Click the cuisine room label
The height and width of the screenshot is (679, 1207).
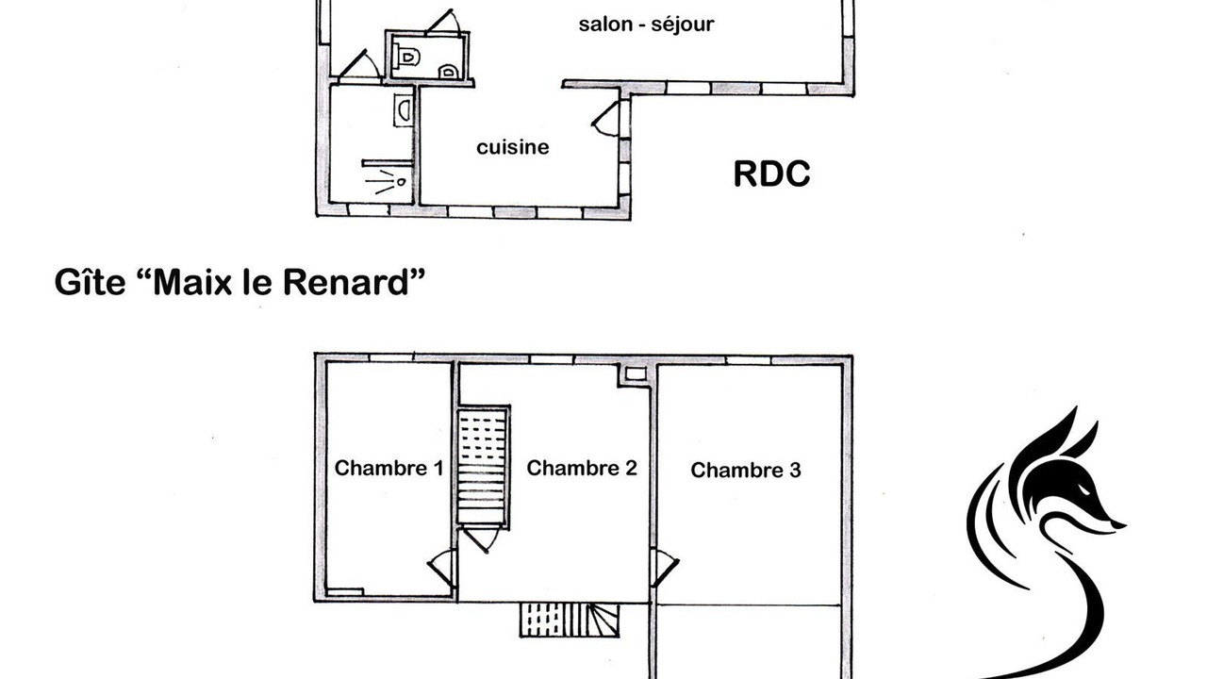(x=512, y=147)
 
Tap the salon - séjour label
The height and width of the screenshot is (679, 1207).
(x=646, y=25)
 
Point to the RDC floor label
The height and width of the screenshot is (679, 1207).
(x=771, y=174)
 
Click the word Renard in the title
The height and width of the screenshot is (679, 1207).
(x=346, y=282)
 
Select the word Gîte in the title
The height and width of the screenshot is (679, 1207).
(x=90, y=282)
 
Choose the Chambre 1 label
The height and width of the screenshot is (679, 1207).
(x=389, y=468)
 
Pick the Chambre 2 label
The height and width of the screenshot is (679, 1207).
(x=582, y=468)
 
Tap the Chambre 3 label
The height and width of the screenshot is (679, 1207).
(x=746, y=470)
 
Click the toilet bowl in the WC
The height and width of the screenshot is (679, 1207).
(x=408, y=56)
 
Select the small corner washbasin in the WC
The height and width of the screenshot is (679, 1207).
(x=448, y=72)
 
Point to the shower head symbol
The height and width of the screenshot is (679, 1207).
(x=401, y=182)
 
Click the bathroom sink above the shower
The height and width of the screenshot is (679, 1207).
(x=404, y=110)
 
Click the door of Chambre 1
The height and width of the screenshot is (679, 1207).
(x=442, y=568)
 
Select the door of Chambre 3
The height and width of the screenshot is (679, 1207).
(x=665, y=568)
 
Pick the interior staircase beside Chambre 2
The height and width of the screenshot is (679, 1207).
(x=483, y=467)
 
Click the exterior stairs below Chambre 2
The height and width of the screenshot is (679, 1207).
(x=570, y=621)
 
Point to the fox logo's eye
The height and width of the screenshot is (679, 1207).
(x=1084, y=489)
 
